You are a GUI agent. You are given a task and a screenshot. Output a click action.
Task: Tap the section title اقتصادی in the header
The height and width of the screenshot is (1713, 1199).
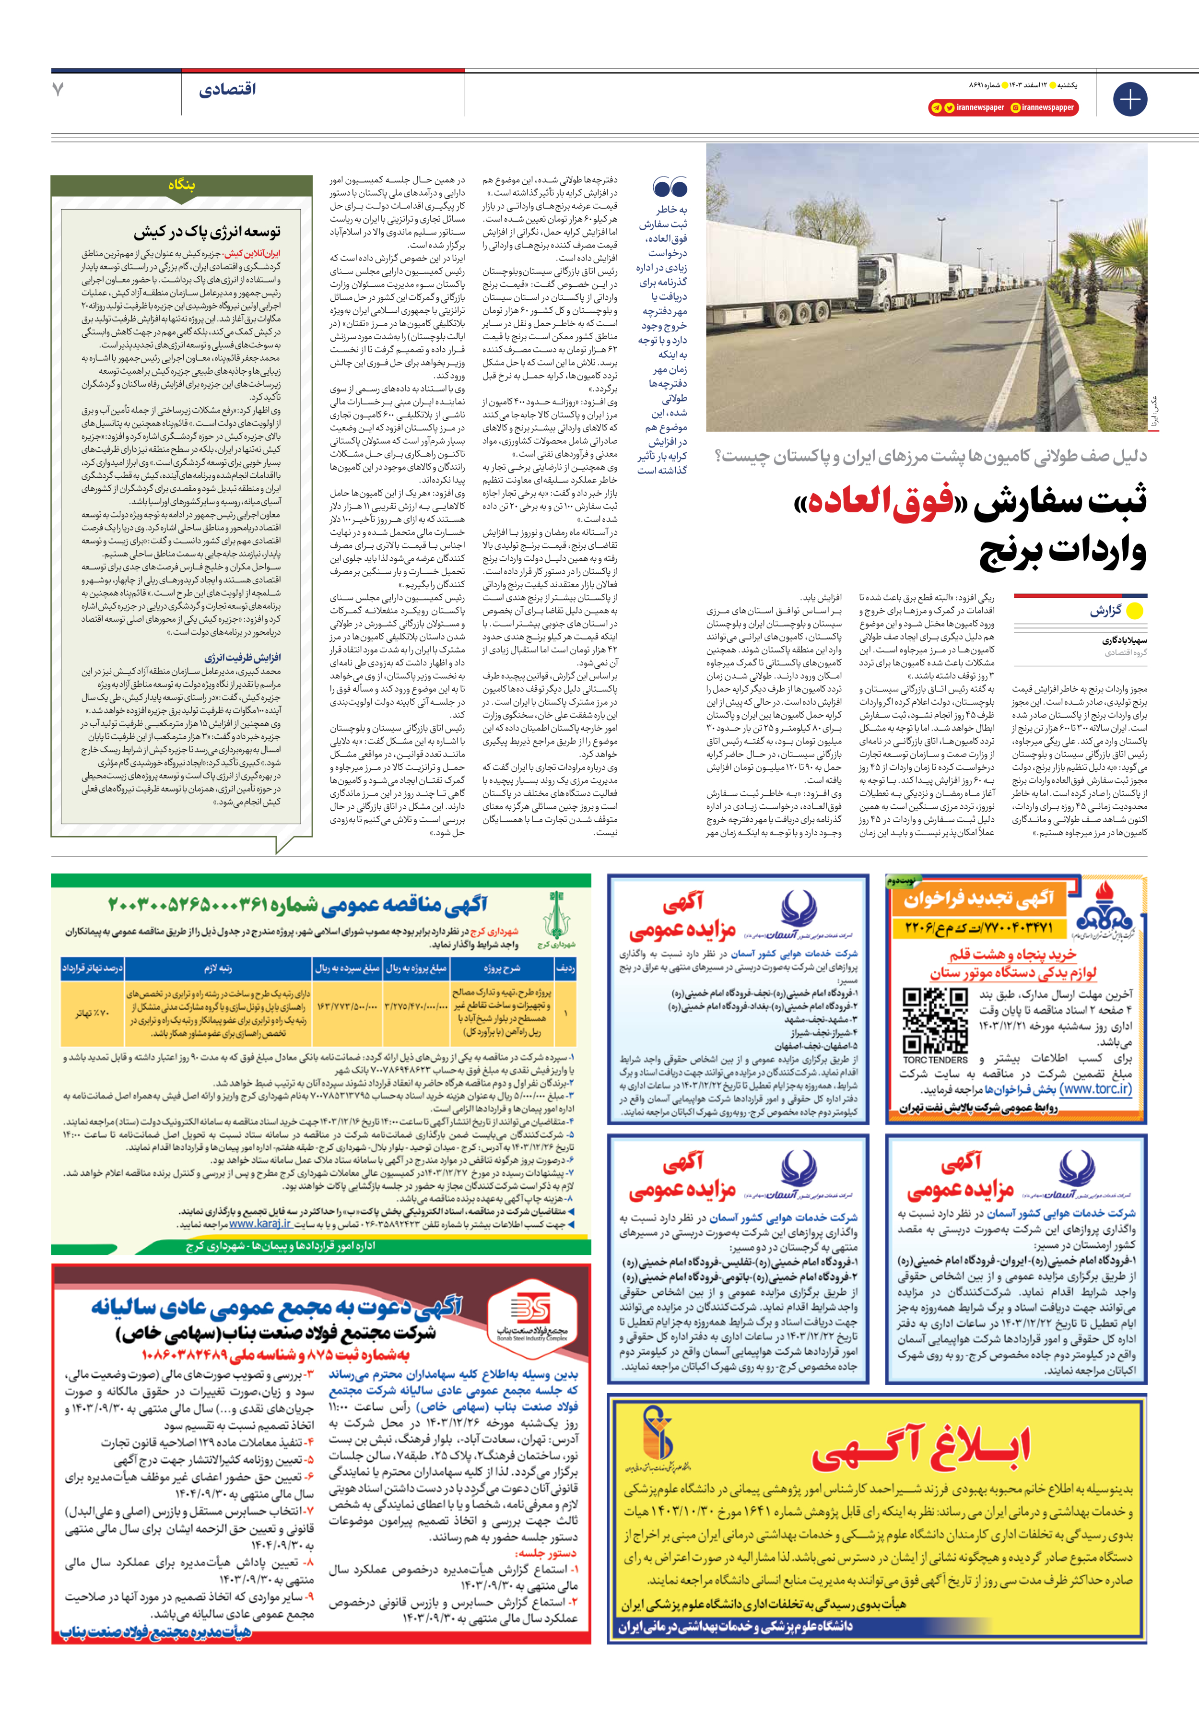pyautogui.click(x=227, y=90)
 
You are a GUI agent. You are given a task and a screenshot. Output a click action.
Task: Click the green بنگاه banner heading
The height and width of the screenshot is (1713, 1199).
pyautogui.click(x=181, y=185)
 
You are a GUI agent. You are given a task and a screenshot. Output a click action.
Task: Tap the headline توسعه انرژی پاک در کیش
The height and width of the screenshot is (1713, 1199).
pyautogui.click(x=207, y=232)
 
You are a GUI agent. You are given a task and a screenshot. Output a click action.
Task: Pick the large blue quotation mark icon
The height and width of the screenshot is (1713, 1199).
pyautogui.click(x=669, y=187)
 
